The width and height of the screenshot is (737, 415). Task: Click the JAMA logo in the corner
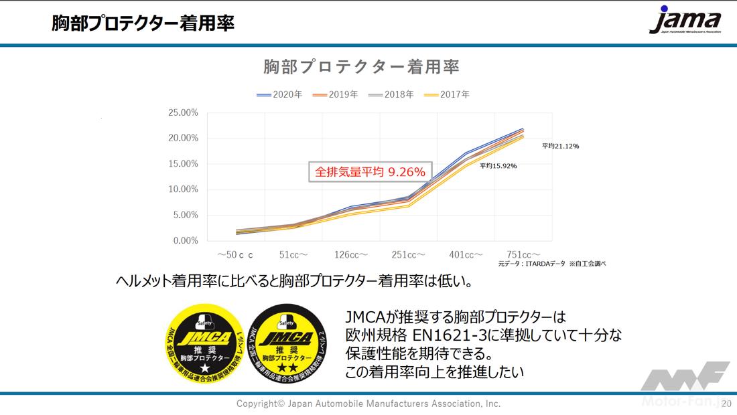pos(684,21)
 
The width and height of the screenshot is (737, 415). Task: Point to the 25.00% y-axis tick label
pos(183,112)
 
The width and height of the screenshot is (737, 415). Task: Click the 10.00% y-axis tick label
pos(183,189)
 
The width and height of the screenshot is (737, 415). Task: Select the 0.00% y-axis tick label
pos(185,240)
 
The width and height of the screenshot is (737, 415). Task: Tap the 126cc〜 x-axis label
pos(352,255)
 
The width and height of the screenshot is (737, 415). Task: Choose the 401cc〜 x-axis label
pos(466,255)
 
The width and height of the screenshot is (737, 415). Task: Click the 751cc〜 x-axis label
pos(524,255)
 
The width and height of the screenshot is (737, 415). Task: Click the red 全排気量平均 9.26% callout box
pos(371,172)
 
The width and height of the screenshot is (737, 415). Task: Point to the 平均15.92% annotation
pos(498,166)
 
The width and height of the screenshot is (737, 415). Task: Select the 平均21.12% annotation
pos(560,146)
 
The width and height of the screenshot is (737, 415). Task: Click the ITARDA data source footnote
pos(551,264)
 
